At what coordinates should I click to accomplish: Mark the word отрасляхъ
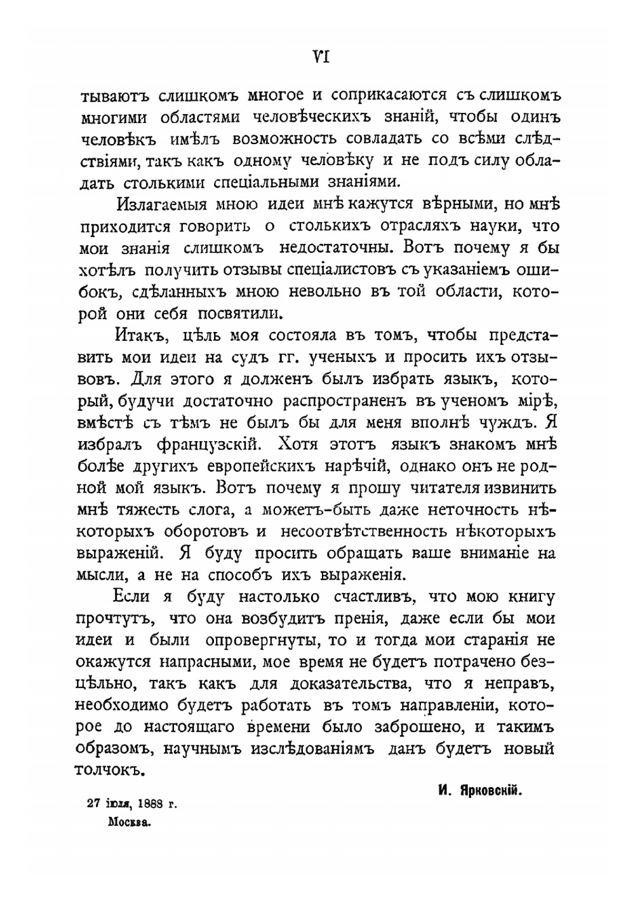(424, 225)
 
